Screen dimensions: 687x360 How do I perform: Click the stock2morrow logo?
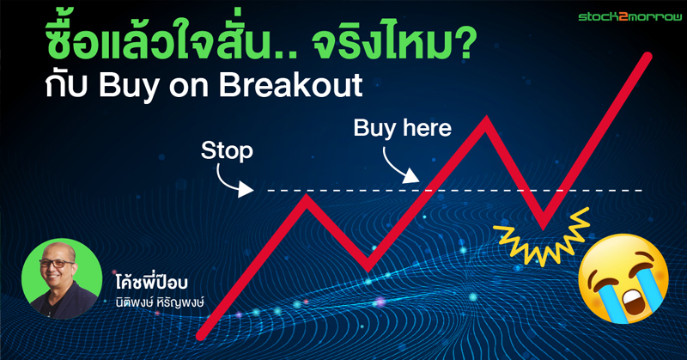[x=630, y=16]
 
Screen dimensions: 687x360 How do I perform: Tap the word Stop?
[x=227, y=151]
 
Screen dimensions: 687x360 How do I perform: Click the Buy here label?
[x=402, y=128]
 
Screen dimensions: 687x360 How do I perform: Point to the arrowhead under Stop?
[x=246, y=190]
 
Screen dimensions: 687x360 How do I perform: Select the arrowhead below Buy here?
[x=411, y=176]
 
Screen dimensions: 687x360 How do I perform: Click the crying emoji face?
[x=623, y=278]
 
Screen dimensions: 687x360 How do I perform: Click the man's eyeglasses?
[x=57, y=264]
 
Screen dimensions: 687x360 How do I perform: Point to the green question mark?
[x=465, y=45]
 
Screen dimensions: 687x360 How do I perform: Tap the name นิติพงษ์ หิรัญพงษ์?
[x=160, y=302]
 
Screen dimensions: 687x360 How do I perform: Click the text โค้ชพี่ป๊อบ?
[x=152, y=281]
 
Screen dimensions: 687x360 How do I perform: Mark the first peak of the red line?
[x=307, y=198]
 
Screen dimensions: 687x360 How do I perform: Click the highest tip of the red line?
[x=647, y=57]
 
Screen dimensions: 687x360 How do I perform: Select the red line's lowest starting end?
[x=201, y=336]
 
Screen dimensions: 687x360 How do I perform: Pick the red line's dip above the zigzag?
[x=544, y=226]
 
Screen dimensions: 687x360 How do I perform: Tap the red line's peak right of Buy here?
[x=486, y=119]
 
